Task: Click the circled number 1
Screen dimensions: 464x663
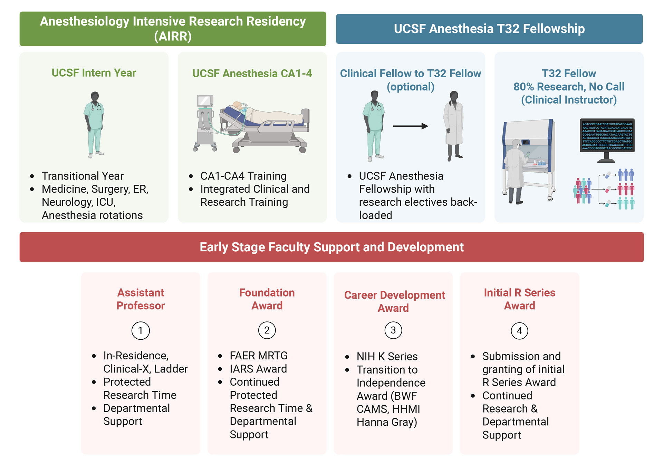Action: pos(141,331)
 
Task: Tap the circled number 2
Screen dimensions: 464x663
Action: pos(267,330)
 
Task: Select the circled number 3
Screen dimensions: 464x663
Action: pos(393,330)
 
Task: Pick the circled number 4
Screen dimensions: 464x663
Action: pos(519,331)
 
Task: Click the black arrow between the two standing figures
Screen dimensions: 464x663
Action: pos(410,126)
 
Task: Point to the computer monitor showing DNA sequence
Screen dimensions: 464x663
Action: pos(607,137)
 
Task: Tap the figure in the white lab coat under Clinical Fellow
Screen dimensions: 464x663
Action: pos(454,126)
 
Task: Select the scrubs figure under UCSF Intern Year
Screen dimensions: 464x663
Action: pos(94,124)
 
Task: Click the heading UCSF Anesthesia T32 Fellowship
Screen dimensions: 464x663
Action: pos(489,29)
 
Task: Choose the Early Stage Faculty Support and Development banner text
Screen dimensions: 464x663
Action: pos(331,247)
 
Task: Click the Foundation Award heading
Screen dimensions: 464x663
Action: pos(267,299)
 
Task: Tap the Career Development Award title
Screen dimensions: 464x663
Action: pos(394,301)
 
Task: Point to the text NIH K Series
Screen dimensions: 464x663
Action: pos(387,356)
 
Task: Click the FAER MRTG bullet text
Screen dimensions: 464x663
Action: pos(259,356)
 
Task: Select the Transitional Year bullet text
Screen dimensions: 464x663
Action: pos(83,176)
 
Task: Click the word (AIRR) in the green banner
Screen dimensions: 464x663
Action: pos(173,36)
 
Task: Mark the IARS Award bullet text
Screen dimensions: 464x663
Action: pos(258,369)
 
